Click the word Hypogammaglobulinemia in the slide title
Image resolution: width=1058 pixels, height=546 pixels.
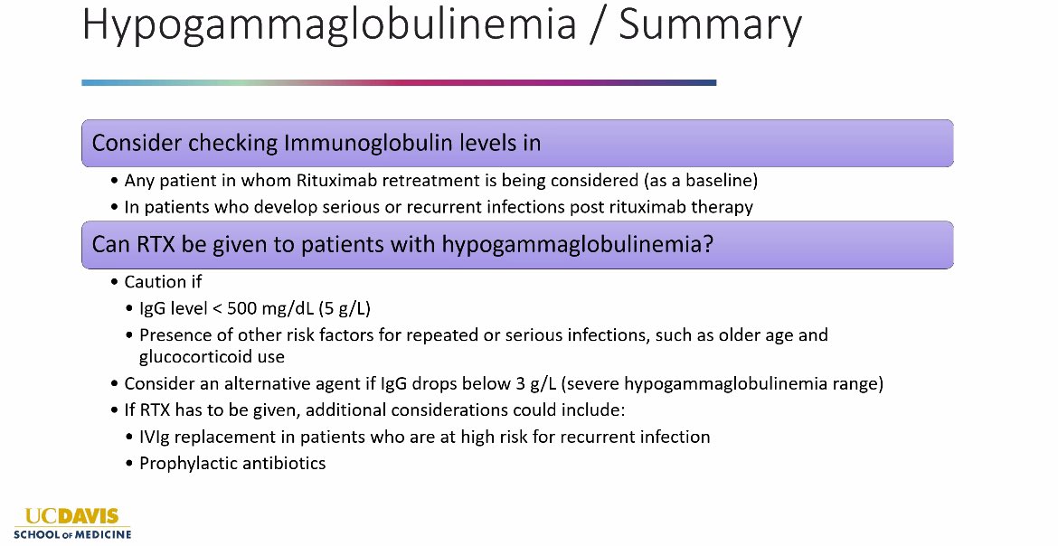pos(329,25)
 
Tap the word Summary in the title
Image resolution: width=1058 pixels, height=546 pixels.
pos(710,25)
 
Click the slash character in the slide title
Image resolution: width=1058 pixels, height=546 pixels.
pos(597,25)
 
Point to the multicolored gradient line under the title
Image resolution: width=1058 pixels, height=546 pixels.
pos(398,82)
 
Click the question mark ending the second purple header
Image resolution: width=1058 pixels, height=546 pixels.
pos(707,245)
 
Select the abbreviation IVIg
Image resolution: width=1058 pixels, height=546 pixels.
pos(157,437)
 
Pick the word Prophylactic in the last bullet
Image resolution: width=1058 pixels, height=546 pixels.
pos(187,463)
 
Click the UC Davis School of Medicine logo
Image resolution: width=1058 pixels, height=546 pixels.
pos(71,523)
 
